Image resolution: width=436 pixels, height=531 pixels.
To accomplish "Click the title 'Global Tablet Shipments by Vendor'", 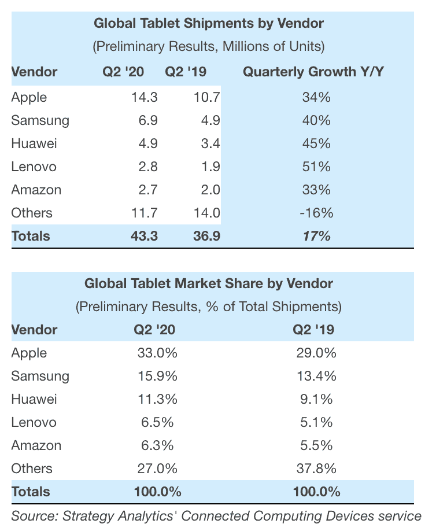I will click(x=209, y=24).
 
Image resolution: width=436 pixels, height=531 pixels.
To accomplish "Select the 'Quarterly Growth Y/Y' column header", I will click(x=314, y=72).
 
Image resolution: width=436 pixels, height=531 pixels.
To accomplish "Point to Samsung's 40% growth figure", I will click(x=316, y=120).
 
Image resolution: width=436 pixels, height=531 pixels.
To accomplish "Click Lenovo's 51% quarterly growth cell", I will click(x=316, y=167).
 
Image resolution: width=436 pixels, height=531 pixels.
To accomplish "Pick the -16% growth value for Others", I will click(x=316, y=213).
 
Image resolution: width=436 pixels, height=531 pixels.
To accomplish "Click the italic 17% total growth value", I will click(x=316, y=236).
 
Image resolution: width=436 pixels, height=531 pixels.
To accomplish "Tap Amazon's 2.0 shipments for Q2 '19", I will click(x=207, y=190).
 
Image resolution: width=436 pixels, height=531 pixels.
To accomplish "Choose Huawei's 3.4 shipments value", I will click(x=207, y=143).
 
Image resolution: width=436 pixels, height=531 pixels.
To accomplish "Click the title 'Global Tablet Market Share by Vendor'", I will click(x=209, y=283).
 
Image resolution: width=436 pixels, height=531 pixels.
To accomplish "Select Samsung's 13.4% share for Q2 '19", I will click(x=316, y=376).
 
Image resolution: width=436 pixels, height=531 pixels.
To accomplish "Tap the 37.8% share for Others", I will click(x=316, y=469).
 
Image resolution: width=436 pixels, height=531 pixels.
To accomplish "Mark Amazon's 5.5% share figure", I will click(x=316, y=445).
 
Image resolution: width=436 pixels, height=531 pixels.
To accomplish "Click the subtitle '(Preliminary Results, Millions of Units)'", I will click(x=209, y=46).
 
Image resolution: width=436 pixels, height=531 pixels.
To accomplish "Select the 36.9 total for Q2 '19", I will click(x=207, y=236).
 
